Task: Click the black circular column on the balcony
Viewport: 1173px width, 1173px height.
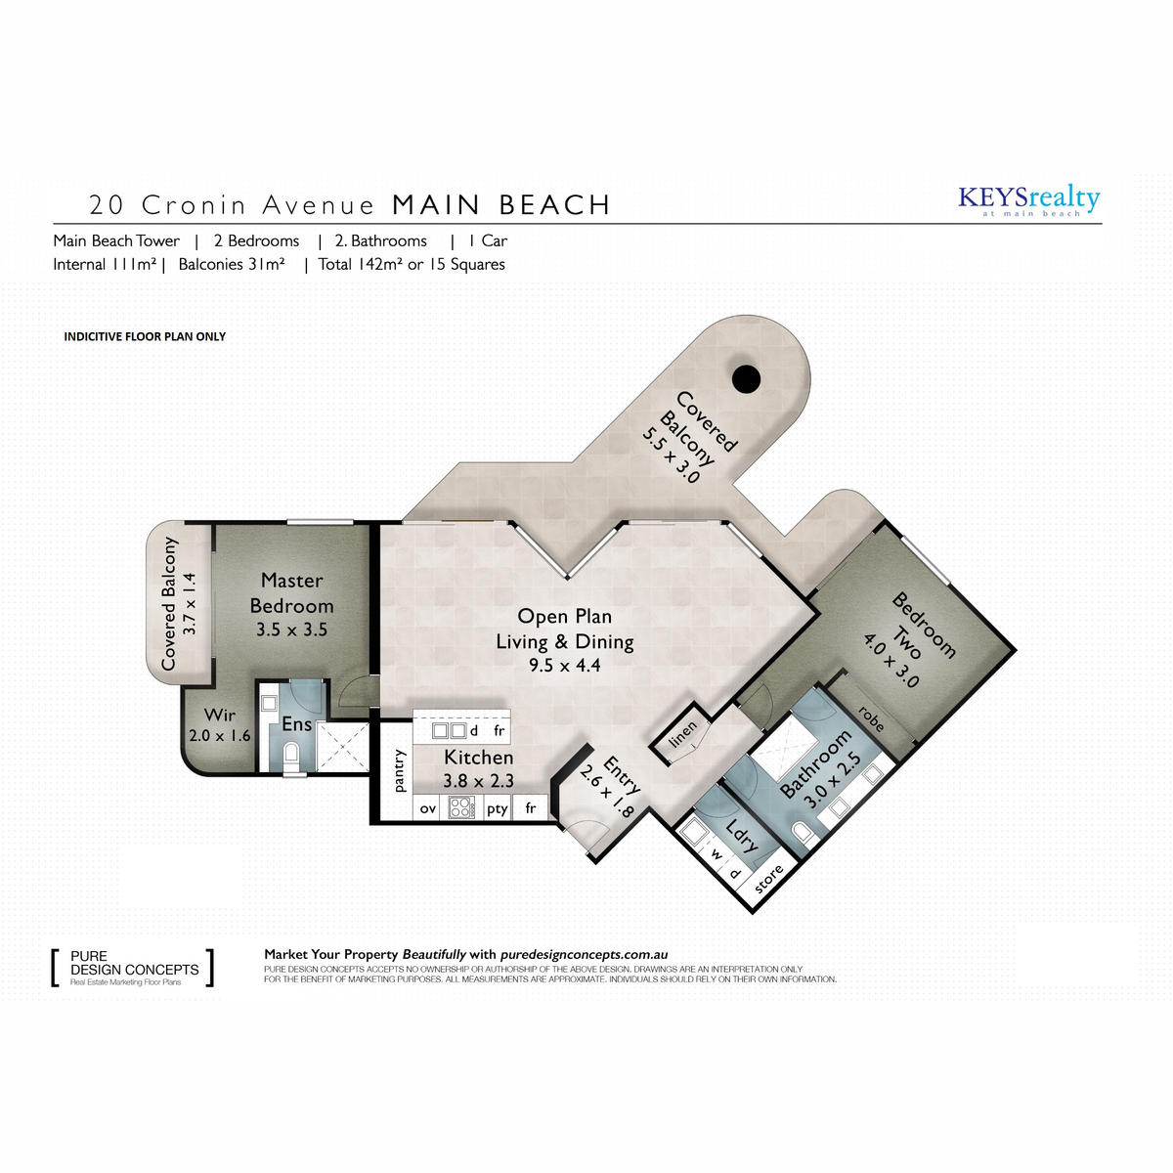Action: (746, 378)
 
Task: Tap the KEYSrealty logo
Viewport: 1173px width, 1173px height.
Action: (1028, 200)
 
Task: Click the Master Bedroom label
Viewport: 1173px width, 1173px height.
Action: (291, 593)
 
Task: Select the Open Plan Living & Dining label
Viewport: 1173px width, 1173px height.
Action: (564, 629)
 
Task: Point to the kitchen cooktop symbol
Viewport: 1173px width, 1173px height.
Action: (460, 807)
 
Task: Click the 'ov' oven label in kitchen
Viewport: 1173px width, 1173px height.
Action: (428, 808)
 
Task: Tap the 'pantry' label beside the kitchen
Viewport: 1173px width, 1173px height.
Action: (400, 770)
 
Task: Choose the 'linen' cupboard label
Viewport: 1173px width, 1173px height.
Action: (682, 734)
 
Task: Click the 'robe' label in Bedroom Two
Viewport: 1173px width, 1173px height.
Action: (871, 718)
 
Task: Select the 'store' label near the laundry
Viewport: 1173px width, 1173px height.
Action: (768, 879)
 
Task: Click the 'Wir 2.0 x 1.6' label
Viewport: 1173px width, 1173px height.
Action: (219, 724)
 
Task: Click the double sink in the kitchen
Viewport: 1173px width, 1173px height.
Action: (450, 730)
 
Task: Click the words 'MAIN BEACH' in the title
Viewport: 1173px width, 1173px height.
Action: (501, 205)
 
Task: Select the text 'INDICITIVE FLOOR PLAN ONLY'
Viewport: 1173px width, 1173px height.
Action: (145, 336)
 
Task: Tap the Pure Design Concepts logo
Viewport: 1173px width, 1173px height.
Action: (133, 968)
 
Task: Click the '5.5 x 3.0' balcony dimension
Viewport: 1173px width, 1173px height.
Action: (672, 456)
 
